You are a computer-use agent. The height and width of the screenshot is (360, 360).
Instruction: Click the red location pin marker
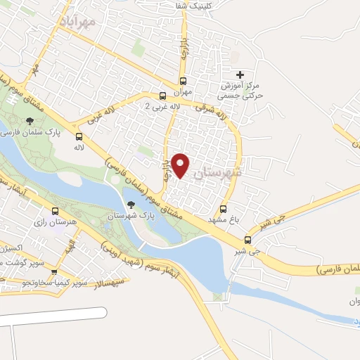181,165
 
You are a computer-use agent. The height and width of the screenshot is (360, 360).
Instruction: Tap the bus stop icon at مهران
184,80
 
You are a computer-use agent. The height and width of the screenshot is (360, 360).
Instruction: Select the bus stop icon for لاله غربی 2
163,95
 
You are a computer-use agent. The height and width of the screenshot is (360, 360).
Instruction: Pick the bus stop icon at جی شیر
247,239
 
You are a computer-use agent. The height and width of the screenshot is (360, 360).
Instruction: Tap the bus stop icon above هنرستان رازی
56,211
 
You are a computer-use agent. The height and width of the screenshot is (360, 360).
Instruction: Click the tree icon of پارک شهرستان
130,205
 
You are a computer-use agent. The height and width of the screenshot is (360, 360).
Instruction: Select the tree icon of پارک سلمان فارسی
28,122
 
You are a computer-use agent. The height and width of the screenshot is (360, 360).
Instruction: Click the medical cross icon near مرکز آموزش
240,75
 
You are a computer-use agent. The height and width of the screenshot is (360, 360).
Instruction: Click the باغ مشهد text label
224,220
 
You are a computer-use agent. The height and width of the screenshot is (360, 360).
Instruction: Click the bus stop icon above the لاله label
79,136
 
